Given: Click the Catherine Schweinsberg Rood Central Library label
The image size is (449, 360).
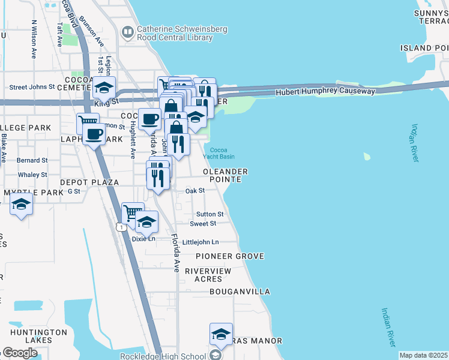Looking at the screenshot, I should (x=175, y=33).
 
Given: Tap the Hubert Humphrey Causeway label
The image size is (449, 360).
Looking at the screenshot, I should (x=325, y=92).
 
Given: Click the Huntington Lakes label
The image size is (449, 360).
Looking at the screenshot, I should (x=38, y=336).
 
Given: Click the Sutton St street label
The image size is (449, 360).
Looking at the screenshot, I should (x=209, y=214).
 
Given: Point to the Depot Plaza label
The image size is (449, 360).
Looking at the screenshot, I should (x=89, y=182).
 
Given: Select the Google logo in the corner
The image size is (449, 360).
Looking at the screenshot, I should (x=19, y=353).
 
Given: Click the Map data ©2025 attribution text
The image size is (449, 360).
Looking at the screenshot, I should (x=423, y=355).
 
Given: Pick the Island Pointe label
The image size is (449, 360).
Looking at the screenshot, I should (x=424, y=48).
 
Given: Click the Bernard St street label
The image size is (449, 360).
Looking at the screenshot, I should (x=32, y=161).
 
